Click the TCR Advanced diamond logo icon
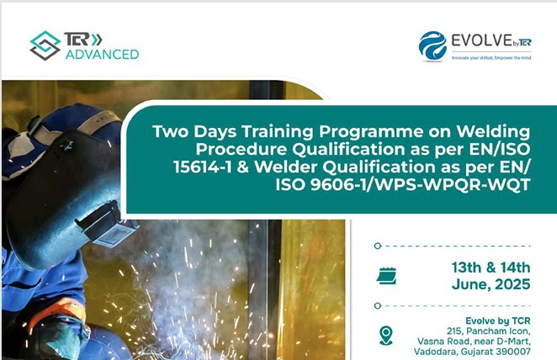(45, 45)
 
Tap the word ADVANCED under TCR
(103, 55)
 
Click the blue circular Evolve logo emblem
(432, 46)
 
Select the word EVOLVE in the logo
(481, 40)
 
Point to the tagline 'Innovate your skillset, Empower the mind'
(491, 57)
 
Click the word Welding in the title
(493, 132)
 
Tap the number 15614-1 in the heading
(203, 167)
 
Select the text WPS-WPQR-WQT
(453, 184)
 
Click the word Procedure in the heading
(241, 149)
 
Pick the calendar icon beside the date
(386, 276)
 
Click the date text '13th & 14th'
(491, 267)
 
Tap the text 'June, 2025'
(491, 284)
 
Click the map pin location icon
(386, 336)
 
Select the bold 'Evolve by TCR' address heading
(497, 321)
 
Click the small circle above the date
(378, 246)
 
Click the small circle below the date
(378, 305)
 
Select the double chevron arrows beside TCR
(96, 40)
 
